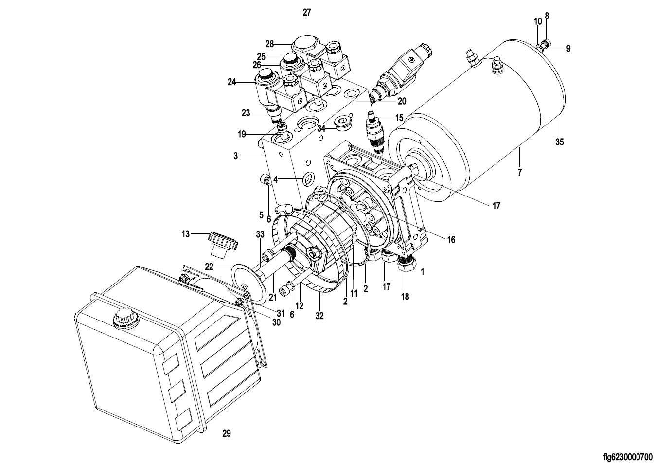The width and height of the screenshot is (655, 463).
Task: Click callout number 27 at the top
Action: (307, 13)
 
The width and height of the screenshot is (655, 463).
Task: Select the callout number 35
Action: (560, 142)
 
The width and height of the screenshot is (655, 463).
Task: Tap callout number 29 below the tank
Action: (226, 433)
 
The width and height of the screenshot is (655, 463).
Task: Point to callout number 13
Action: (186, 234)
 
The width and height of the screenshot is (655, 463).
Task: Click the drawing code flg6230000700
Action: (627, 457)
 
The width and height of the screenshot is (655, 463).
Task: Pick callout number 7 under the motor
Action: (519, 172)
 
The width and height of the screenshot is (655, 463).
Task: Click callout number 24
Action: (231, 82)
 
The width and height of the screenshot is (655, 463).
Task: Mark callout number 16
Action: (451, 240)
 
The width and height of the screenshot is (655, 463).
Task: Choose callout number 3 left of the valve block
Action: (235, 156)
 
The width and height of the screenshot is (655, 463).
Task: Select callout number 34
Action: (321, 129)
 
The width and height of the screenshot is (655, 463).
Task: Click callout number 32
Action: (319, 315)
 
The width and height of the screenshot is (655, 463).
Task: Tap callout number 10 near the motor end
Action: (537, 22)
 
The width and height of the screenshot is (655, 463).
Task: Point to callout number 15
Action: (399, 118)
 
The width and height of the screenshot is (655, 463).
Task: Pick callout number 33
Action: (260, 234)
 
